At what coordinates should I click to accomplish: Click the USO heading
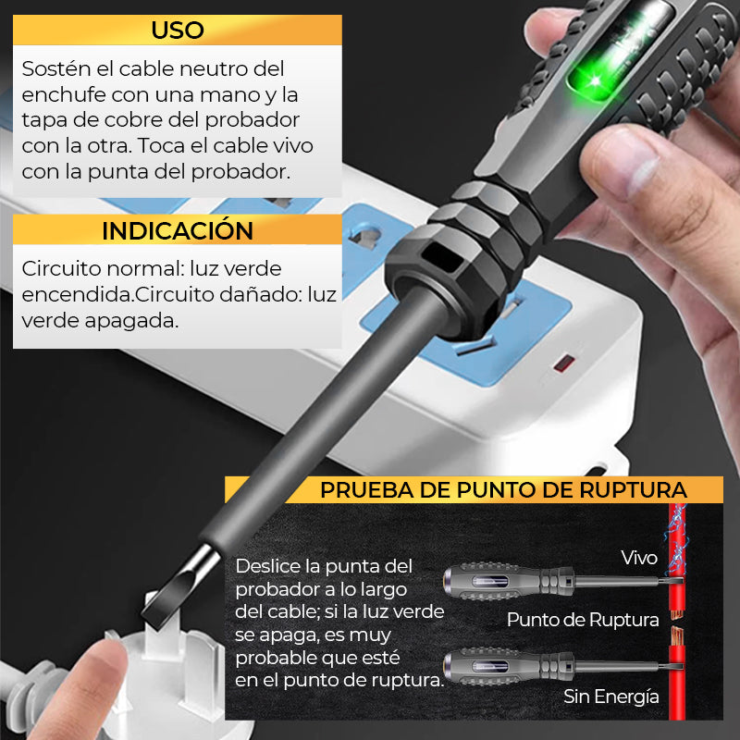[x=178, y=31]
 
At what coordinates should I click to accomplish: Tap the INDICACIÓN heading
[x=178, y=230]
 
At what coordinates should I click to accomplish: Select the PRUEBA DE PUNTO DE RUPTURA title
[x=503, y=490]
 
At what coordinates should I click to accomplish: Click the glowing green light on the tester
[x=596, y=80]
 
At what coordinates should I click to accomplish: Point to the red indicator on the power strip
[x=564, y=364]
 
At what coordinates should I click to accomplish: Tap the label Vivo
[x=639, y=558]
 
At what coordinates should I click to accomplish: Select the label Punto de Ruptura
[x=583, y=620]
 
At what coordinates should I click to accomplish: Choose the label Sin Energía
[x=611, y=697]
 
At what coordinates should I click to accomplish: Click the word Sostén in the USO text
[x=55, y=68]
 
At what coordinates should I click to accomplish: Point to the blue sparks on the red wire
[x=676, y=538]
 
